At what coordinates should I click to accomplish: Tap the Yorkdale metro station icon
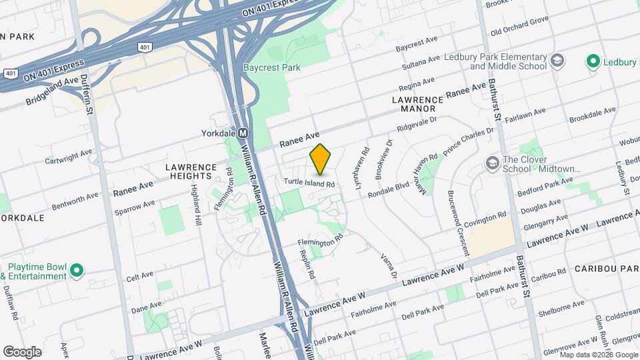243,133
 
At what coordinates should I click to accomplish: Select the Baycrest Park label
271,67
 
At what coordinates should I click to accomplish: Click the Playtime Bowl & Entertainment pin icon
77,270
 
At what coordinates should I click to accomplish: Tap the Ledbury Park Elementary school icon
558,62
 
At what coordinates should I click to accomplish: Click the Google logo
22,351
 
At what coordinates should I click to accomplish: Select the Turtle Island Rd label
309,183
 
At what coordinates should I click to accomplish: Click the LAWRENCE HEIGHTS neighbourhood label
191,171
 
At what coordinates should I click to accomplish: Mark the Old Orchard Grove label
519,31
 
